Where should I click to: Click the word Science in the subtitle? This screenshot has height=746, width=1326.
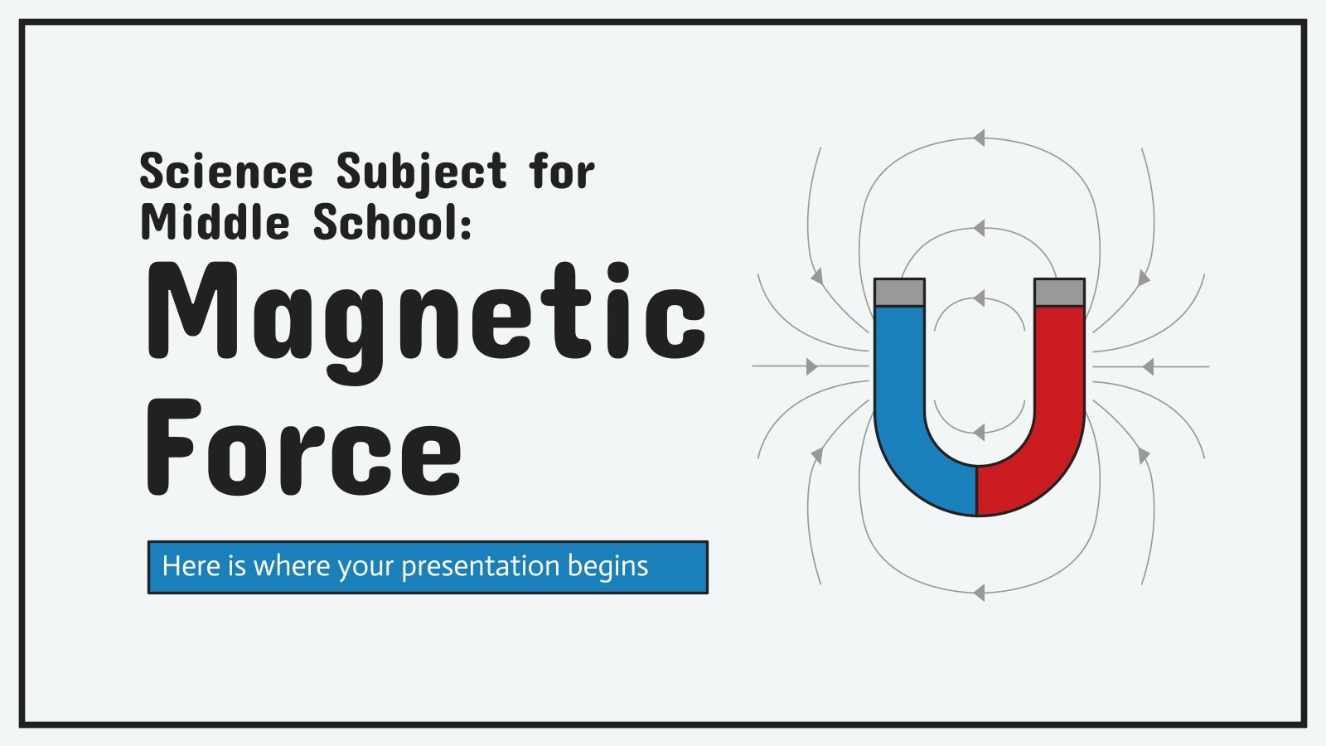click(226, 172)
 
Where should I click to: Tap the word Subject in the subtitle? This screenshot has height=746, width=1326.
click(421, 172)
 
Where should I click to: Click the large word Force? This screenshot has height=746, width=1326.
click(304, 448)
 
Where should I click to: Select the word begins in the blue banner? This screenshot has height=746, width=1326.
click(607, 566)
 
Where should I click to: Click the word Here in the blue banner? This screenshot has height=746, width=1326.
click(191, 566)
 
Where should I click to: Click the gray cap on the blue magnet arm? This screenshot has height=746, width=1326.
click(899, 292)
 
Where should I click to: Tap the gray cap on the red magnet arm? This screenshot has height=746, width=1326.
click(1059, 292)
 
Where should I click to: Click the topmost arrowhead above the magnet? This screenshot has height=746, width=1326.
click(979, 138)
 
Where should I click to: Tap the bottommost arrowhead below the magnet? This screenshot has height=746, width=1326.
click(979, 593)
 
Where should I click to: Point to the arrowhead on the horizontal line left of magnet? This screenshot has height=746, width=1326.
click(811, 366)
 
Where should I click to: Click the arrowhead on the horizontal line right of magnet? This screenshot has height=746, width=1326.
click(1147, 366)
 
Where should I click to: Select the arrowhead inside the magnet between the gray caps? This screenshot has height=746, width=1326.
click(979, 298)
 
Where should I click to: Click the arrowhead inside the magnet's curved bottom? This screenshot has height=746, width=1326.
click(979, 433)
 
